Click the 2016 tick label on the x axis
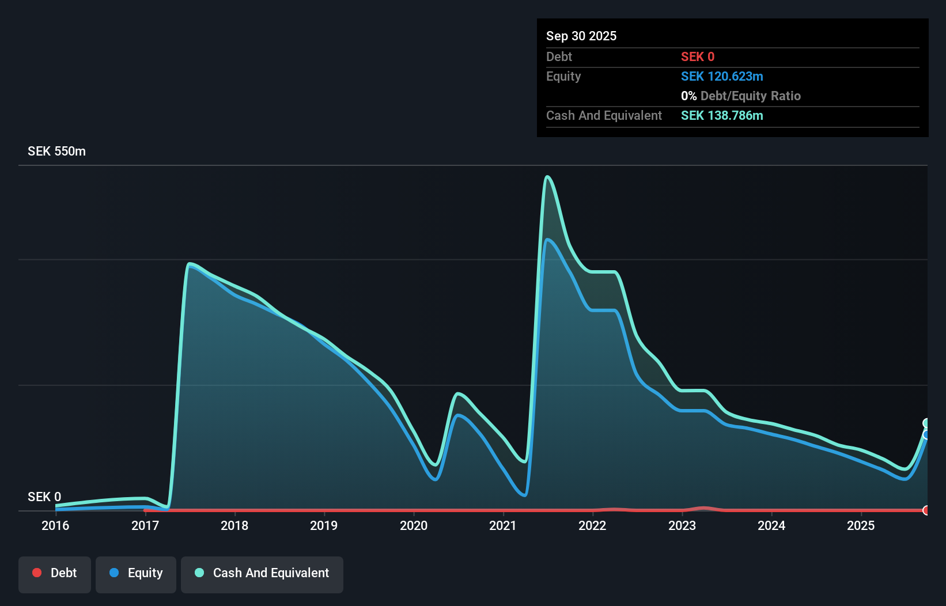[55, 525]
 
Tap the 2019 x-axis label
[324, 525]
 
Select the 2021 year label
[503, 525]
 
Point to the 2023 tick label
[682, 525]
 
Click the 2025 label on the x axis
[861, 525]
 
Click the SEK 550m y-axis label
[56, 151]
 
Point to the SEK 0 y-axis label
[44, 497]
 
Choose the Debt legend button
[55, 573]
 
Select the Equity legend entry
[136, 573]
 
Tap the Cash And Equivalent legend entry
[262, 573]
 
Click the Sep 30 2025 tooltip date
[581, 36]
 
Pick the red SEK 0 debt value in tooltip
[698, 56]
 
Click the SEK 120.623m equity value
[722, 76]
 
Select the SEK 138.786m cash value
[722, 115]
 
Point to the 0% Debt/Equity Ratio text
[741, 96]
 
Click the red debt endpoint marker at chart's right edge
[926, 510]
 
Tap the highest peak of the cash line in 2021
[547, 177]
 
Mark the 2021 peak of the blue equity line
[547, 240]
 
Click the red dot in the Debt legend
[37, 573]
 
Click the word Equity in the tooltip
[563, 76]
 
